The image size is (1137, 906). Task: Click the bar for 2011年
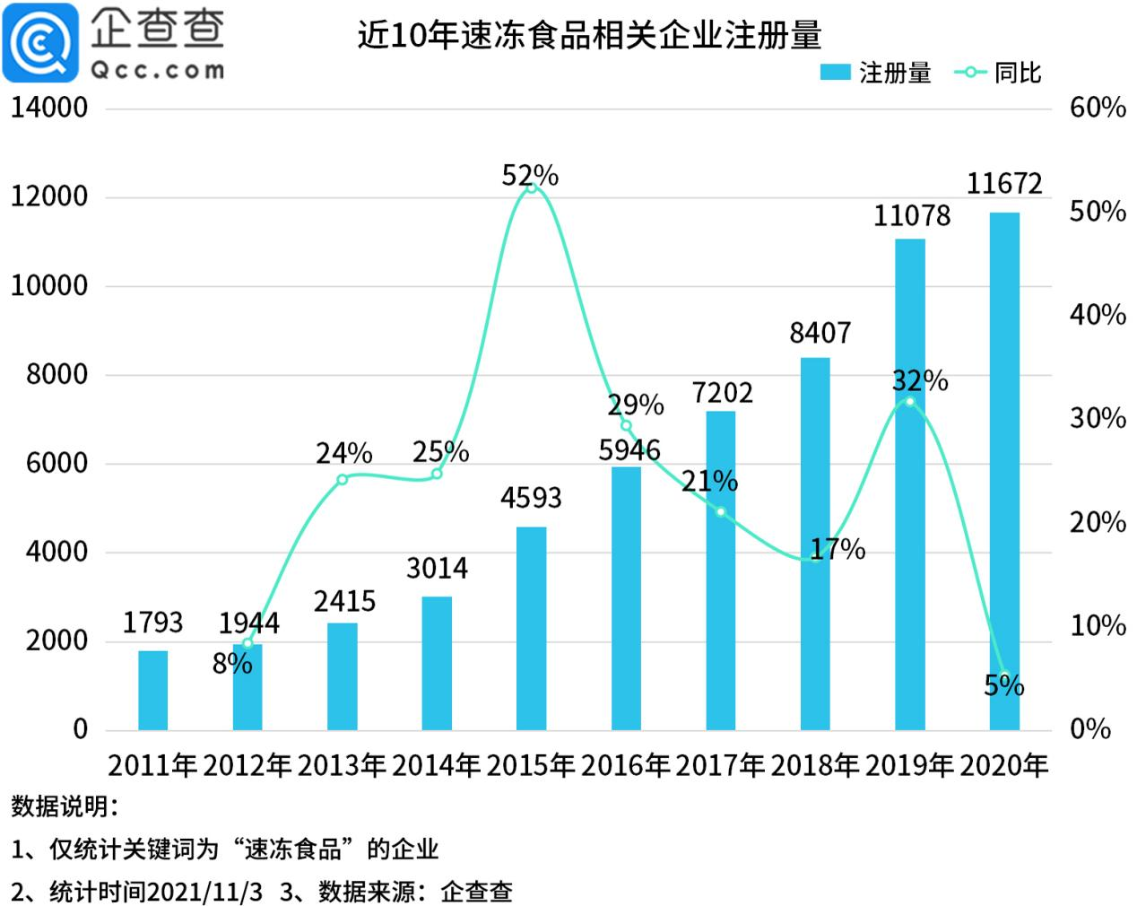(x=153, y=690)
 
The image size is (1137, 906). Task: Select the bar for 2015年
(x=532, y=628)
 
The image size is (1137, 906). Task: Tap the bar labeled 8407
(x=815, y=544)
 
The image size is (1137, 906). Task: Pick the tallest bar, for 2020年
(x=1004, y=471)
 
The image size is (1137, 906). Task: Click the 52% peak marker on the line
(x=532, y=187)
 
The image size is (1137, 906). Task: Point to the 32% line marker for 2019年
(x=910, y=401)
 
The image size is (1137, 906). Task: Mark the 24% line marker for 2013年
(x=343, y=479)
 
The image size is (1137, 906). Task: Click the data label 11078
(x=912, y=216)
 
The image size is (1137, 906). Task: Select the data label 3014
(x=437, y=568)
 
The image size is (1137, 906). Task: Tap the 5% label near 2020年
(x=1003, y=686)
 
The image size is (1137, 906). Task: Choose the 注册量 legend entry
(x=876, y=73)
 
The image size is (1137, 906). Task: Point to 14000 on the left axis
(x=49, y=108)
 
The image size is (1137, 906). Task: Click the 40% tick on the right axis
(x=1098, y=315)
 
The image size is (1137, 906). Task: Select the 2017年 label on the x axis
(x=720, y=765)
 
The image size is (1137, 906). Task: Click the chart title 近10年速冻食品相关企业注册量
(x=589, y=35)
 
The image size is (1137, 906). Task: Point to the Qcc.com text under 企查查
(x=157, y=69)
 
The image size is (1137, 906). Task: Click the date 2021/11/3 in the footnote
(x=205, y=892)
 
